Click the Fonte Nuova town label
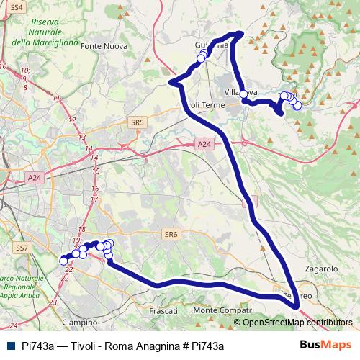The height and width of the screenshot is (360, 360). click(104, 46)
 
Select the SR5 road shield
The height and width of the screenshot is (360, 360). click(138, 123)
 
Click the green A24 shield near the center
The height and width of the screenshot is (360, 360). click(204, 145)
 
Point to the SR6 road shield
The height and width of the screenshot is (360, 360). click(170, 235)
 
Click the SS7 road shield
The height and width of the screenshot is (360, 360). click(22, 248)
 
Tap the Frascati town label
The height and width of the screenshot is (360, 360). click(162, 310)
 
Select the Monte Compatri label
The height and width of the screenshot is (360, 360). click(225, 310)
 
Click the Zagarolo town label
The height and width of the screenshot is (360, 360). click(321, 268)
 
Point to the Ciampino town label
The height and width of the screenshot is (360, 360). click(80, 322)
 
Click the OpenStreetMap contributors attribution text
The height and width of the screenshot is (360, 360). click(297, 323)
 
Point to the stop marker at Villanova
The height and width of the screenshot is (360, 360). click(243, 94)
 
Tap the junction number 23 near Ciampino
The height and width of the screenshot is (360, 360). click(53, 302)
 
